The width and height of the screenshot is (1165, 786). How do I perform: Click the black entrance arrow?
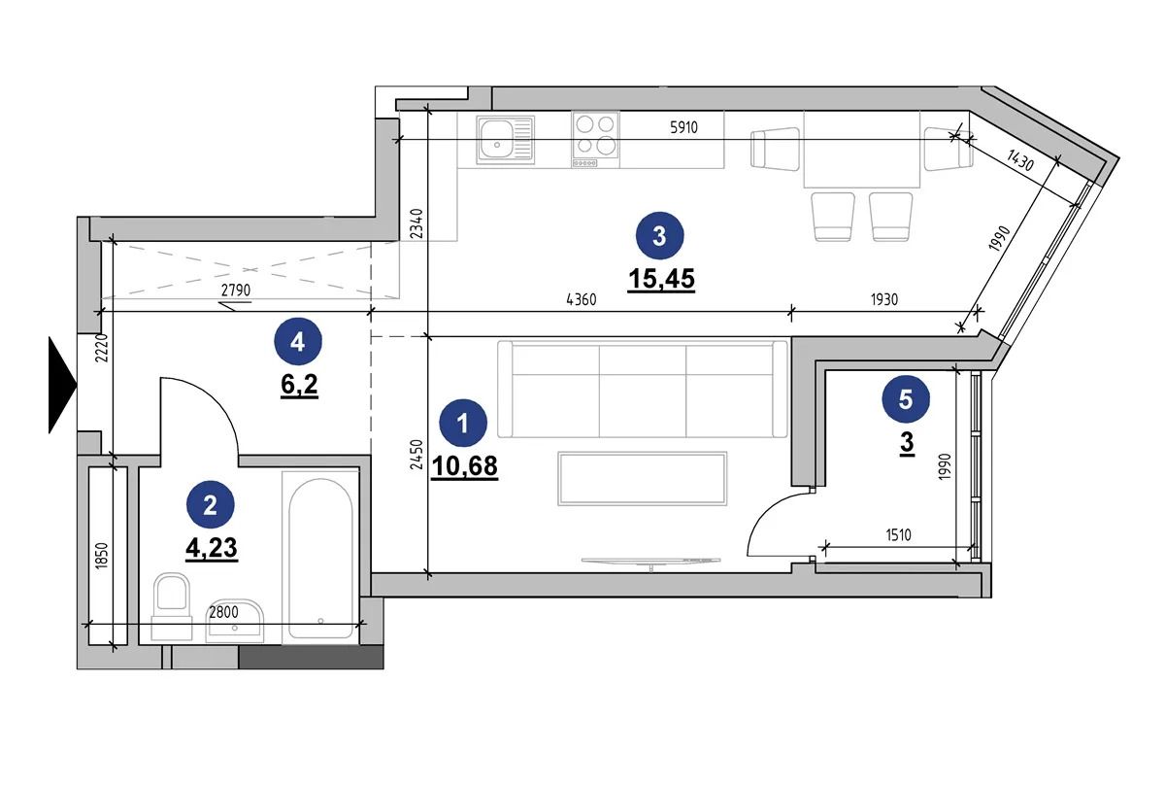point(61,385)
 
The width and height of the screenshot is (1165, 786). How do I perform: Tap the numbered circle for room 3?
point(659,236)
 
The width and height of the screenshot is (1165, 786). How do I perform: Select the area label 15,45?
point(661,279)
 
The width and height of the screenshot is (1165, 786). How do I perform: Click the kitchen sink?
point(506,140)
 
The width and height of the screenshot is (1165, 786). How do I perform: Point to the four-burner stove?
point(595,139)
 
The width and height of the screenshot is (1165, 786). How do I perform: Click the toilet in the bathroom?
point(172,606)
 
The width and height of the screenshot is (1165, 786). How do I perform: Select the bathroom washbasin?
point(235,621)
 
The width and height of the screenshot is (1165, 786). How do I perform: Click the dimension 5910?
point(683,127)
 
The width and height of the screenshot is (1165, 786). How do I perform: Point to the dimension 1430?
point(1020,159)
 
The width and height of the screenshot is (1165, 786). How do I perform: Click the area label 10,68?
point(464,466)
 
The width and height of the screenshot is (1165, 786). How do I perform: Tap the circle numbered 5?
point(906,399)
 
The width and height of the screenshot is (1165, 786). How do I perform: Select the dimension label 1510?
point(898,534)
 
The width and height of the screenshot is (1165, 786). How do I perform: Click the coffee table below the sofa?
point(643,478)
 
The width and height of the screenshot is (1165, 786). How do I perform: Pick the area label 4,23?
point(212,548)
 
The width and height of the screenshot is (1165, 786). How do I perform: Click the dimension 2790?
point(236,290)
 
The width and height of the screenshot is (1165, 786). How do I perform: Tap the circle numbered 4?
point(297,342)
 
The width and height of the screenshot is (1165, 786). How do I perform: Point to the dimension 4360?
point(581,300)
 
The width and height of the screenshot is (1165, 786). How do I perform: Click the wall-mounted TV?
point(651,562)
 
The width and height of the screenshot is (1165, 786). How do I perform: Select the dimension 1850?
point(102,555)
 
